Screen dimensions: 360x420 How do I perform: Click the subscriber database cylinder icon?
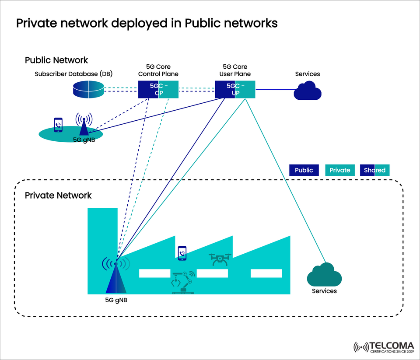tap(88, 90)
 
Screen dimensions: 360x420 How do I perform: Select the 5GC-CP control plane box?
tap(158, 90)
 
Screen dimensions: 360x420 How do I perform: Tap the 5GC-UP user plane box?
tap(235, 90)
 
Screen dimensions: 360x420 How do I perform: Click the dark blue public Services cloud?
tap(308, 91)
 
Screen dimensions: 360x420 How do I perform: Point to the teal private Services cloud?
tap(324, 276)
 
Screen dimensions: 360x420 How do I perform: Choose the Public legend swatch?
tap(304, 170)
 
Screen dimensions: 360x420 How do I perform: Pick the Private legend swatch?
tap(340, 170)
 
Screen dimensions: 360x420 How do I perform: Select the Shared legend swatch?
tap(374, 170)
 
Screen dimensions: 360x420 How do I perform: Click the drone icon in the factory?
tap(219, 259)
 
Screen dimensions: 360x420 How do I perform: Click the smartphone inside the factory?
tap(182, 253)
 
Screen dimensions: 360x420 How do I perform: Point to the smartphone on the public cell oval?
tap(58, 125)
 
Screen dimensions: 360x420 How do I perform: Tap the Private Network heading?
tap(58, 195)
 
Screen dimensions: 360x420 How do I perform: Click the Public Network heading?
tap(56, 60)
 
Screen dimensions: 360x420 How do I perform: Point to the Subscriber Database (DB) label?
tap(73, 74)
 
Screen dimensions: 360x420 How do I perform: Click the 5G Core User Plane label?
tap(235, 70)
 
